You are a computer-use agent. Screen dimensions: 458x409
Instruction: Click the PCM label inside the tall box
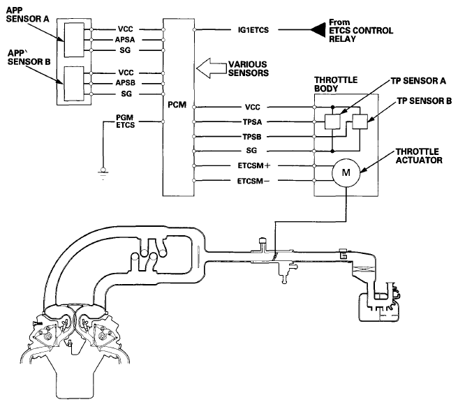(x=177, y=105)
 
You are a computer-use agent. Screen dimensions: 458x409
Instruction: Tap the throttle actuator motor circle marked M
(x=346, y=172)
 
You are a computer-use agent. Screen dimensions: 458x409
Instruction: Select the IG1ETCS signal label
(x=253, y=30)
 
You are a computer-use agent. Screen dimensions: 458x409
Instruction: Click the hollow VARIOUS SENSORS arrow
(x=212, y=68)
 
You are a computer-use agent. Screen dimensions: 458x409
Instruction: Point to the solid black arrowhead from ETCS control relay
(x=318, y=30)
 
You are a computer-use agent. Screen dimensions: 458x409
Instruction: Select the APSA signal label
(x=125, y=40)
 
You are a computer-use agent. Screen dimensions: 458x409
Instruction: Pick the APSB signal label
(x=126, y=83)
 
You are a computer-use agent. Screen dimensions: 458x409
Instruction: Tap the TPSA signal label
(x=252, y=122)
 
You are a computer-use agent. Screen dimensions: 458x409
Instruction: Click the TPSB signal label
(x=252, y=137)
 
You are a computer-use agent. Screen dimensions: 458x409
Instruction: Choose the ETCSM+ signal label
(x=254, y=165)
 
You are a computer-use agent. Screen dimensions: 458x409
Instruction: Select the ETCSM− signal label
(x=253, y=181)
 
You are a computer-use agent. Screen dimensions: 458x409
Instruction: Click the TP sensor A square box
(x=332, y=121)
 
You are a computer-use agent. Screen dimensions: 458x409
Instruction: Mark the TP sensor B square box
(x=360, y=121)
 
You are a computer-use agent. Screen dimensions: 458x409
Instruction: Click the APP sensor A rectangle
(x=74, y=40)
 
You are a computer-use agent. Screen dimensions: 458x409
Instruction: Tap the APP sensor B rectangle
(x=74, y=84)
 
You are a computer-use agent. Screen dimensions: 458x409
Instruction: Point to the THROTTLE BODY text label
(x=336, y=84)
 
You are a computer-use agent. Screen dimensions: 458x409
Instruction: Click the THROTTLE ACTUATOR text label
(x=419, y=156)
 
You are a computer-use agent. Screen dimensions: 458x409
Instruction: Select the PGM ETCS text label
(x=125, y=121)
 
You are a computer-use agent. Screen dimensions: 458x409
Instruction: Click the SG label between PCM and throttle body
(x=251, y=151)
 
